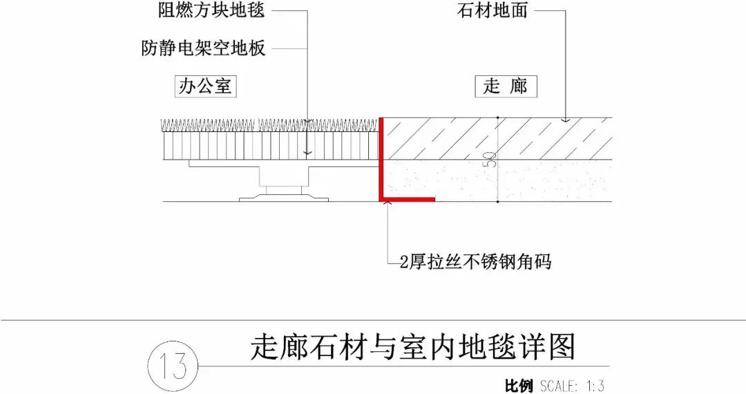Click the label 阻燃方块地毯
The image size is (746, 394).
[202, 11]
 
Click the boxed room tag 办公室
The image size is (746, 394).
[205, 86]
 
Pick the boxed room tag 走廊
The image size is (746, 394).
[506, 86]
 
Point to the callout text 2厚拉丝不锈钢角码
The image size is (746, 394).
[476, 262]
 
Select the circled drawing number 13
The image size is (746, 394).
[172, 365]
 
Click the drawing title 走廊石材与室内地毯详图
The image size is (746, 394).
[412, 348]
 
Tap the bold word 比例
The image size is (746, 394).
[519, 386]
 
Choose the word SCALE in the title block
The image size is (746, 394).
[559, 386]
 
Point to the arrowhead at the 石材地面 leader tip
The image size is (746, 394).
[566, 120]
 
